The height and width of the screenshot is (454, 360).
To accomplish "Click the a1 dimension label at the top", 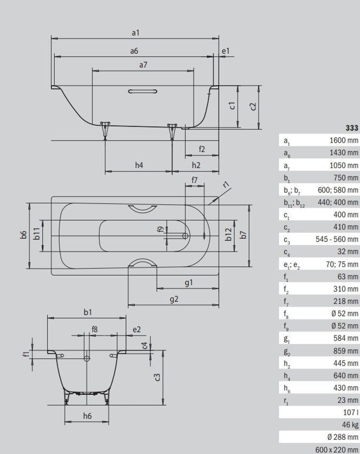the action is [x=135, y=33].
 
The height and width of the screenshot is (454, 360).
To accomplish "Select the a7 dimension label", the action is [x=143, y=65].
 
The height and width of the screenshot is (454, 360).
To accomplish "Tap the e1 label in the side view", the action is [x=225, y=51].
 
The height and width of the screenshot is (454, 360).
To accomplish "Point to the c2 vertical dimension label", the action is [x=253, y=107].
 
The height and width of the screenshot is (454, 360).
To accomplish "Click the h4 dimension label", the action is [x=139, y=165].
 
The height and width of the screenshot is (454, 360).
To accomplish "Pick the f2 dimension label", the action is [x=202, y=149].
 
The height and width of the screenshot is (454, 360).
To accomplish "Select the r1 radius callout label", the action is [x=226, y=185].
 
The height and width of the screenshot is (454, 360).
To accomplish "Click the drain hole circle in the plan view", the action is [x=185, y=236].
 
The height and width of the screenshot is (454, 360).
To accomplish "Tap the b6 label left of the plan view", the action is [x=24, y=235].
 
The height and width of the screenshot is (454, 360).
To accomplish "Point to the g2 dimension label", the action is [x=174, y=299].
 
